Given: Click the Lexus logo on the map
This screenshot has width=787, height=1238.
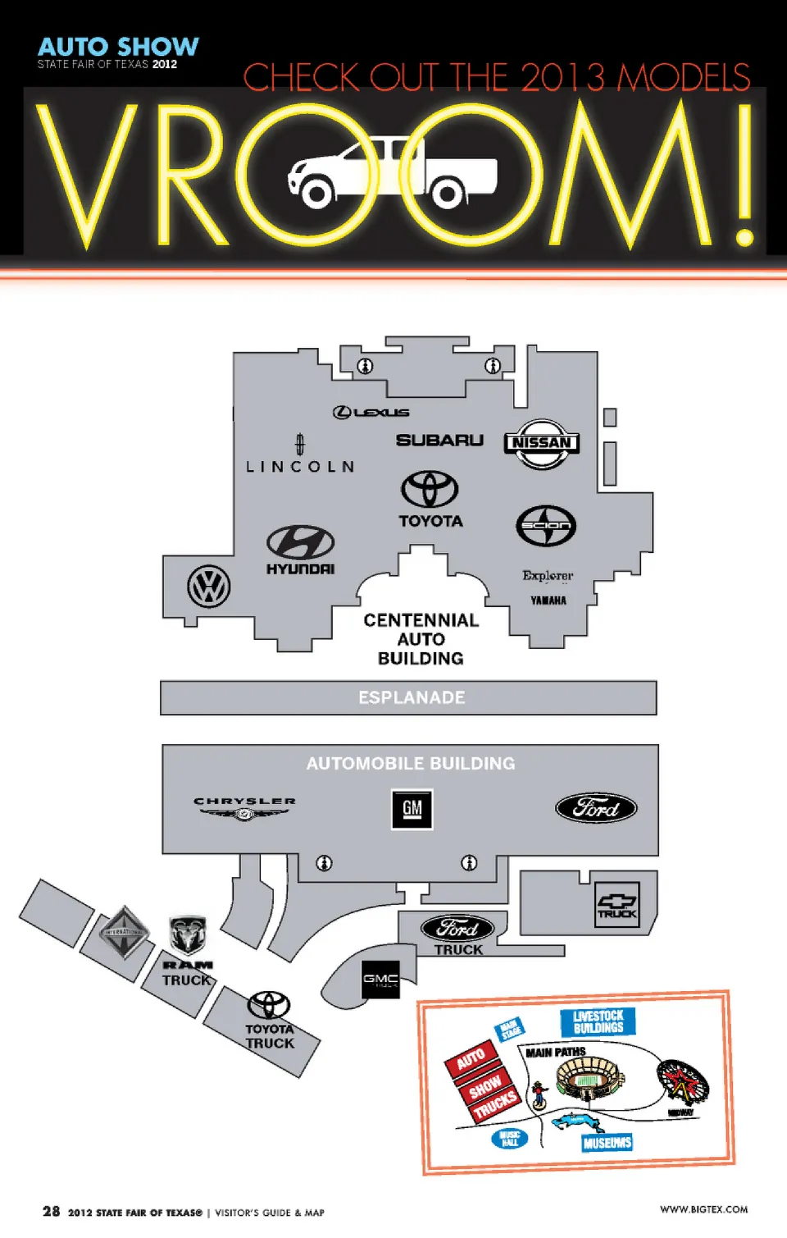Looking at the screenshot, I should tap(371, 412).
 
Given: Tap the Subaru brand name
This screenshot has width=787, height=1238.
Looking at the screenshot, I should tap(439, 441).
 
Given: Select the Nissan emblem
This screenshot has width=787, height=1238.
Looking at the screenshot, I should tap(541, 443).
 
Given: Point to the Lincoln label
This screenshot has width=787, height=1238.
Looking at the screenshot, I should tap(300, 466).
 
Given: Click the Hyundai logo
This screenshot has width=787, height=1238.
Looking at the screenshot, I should tap(300, 542).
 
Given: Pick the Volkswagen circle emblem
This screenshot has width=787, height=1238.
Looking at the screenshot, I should tap(209, 587).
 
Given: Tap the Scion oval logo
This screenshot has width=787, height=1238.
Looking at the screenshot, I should tap(546, 526).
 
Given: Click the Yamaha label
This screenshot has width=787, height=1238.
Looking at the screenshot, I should tap(548, 601).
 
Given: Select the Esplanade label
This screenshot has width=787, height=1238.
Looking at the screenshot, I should tap(412, 697).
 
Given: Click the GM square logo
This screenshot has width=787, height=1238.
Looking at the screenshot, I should tap(412, 809).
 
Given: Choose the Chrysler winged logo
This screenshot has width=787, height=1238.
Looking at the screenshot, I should tap(244, 809).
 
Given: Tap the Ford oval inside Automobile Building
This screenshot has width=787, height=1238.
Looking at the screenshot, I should tap(596, 808).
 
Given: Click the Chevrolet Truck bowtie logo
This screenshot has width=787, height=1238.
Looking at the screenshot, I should tap(616, 906).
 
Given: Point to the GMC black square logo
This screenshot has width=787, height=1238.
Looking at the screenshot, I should tap(380, 980).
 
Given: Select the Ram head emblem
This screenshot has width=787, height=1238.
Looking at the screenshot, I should tap(188, 936).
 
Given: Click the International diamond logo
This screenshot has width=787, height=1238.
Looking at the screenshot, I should tap(124, 932).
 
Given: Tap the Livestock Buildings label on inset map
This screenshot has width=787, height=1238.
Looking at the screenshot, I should tap(598, 1022).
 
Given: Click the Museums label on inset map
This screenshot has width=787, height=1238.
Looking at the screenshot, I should tap(607, 1143).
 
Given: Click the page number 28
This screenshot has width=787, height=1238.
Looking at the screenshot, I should tap(51, 1212).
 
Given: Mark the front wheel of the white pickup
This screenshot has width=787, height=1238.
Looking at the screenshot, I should tap(316, 194).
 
